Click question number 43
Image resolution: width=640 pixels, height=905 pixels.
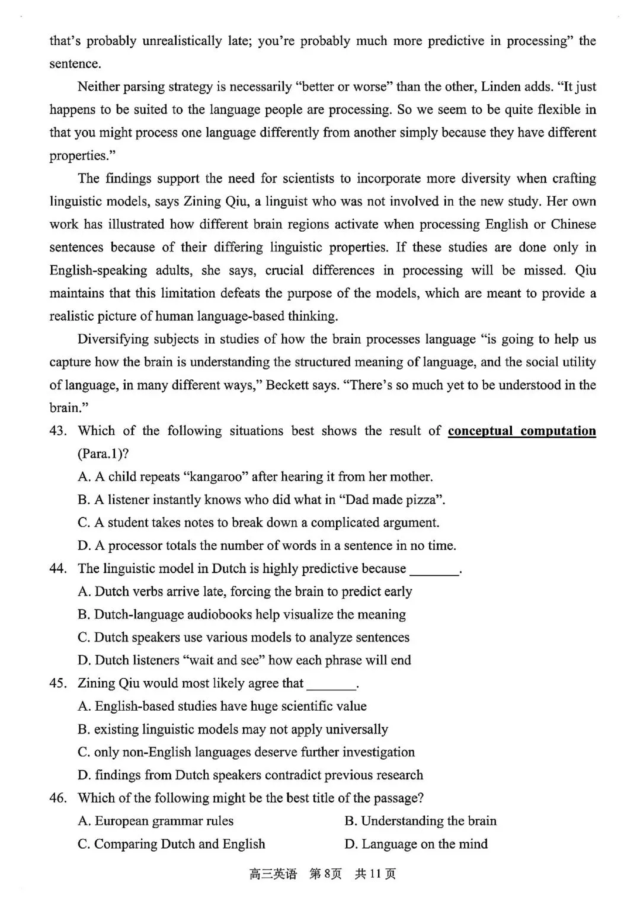[57, 431]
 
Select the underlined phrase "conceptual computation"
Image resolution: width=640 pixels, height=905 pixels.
[521, 431]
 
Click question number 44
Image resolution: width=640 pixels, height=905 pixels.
[57, 569]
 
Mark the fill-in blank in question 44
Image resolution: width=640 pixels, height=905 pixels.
[434, 570]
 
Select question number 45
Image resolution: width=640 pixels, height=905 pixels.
[57, 684]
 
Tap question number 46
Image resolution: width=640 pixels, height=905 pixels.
[57, 798]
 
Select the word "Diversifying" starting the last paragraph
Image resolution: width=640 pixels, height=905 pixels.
[113, 340]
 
